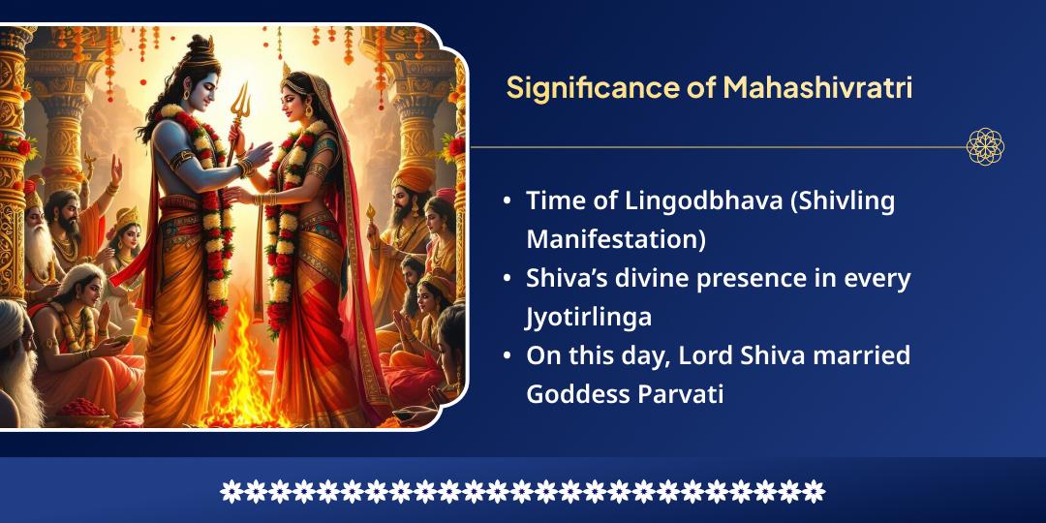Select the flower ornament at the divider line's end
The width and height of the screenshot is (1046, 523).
click(985, 146)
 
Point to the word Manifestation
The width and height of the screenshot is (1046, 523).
click(615, 238)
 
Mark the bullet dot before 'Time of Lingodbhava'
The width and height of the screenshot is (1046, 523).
click(508, 202)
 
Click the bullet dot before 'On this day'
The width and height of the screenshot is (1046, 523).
click(508, 356)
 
